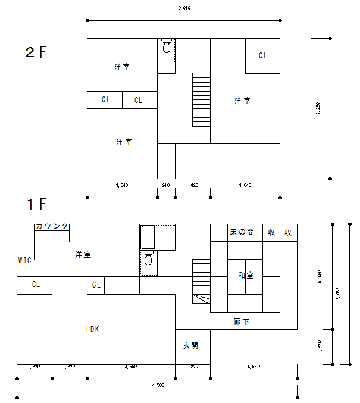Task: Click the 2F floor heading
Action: click(36, 52)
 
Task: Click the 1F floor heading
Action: click(36, 204)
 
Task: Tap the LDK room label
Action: click(92, 329)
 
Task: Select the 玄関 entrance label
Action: click(190, 346)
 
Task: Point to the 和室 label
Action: click(246, 275)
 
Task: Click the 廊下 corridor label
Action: click(241, 321)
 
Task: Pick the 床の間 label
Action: click(242, 232)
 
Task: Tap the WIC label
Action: click(24, 260)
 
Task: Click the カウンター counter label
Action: click(57, 226)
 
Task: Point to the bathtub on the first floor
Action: click(148, 237)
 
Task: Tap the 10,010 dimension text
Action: click(183, 8)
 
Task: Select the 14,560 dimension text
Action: click(157, 385)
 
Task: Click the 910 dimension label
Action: click(166, 185)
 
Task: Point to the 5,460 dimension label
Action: click(320, 277)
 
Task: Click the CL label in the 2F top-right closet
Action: click(263, 55)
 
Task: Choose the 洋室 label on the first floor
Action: click(83, 254)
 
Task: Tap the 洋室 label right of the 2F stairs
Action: click(242, 101)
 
